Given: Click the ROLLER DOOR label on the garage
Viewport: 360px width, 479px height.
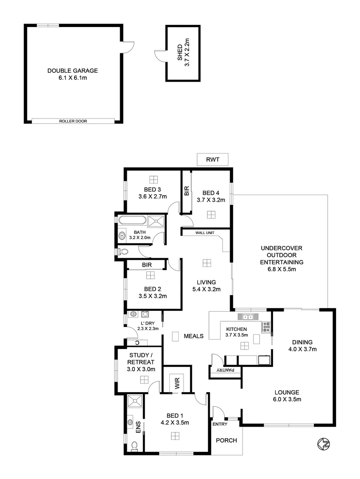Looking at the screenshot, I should pyautogui.click(x=73, y=121).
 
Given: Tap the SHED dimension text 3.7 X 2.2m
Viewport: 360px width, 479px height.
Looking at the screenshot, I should pyautogui.click(x=187, y=53).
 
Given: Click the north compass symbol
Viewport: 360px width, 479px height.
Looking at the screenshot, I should pyautogui.click(x=324, y=443).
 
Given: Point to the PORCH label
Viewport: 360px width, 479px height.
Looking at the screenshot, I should pyautogui.click(x=226, y=440).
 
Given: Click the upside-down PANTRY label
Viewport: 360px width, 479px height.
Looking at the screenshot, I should pyautogui.click(x=225, y=370).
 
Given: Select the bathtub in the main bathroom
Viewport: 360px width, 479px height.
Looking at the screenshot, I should pyautogui.click(x=133, y=221).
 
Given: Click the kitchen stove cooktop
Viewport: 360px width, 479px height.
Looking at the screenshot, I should pyautogui.click(x=267, y=327).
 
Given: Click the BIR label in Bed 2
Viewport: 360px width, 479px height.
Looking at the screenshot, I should pyautogui.click(x=147, y=265).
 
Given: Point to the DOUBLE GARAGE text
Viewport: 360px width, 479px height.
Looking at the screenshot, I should pyautogui.click(x=73, y=71).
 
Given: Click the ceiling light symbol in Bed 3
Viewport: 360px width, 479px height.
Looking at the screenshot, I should pyautogui.click(x=153, y=180).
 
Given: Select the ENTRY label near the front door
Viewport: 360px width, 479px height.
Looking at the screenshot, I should pyautogui.click(x=220, y=424).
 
